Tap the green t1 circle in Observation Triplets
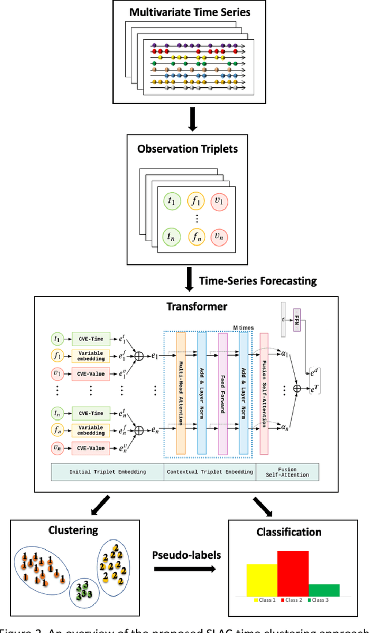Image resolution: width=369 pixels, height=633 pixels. (171, 201)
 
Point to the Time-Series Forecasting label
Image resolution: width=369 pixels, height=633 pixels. (258, 281)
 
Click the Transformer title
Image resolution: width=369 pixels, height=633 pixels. (197, 306)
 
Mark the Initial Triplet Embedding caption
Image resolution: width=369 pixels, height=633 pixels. (108, 471)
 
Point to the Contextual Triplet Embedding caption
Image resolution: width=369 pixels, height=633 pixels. (209, 471)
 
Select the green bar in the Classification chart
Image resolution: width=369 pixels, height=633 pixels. (324, 590)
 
